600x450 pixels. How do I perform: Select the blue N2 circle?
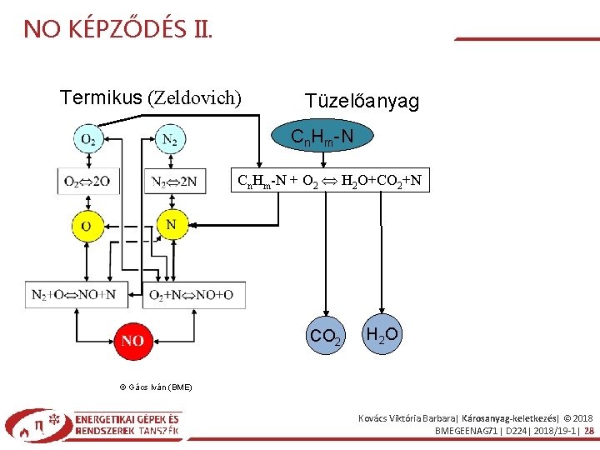pos(169,139)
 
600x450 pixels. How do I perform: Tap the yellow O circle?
pos(87,226)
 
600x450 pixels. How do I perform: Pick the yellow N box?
pos(171,224)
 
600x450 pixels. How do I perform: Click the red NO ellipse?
pos(132,340)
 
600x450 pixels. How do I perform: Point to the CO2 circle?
pos(325,336)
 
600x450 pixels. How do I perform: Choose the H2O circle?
pos(382,335)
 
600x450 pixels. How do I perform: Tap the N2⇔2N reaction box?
pos(174,180)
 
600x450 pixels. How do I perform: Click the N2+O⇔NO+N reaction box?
pos(74,295)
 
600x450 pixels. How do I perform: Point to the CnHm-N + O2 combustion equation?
pos(329,181)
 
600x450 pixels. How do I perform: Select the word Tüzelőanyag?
pos(362,102)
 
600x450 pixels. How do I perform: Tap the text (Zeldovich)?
pos(194,98)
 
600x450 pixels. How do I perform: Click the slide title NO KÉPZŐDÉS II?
pos(117,30)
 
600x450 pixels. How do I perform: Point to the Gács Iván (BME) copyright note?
pos(157,387)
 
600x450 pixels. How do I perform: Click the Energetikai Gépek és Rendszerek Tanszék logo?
pos(93,425)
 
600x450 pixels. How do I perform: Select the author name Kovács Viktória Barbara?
pos(407,417)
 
